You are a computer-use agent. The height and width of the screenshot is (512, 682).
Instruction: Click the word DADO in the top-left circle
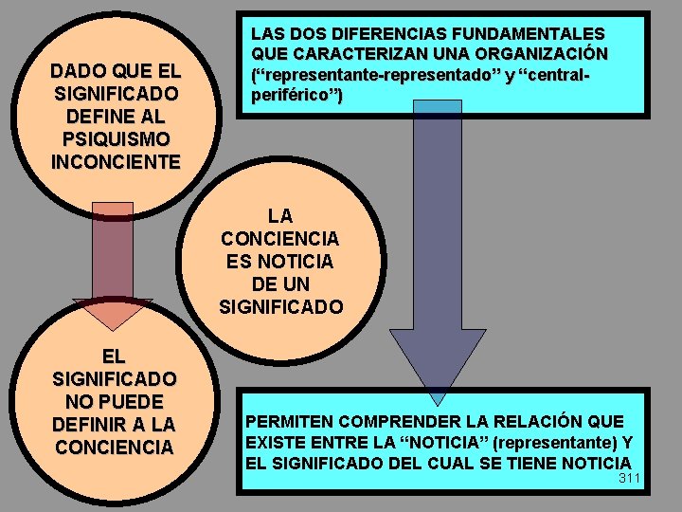point(77,71)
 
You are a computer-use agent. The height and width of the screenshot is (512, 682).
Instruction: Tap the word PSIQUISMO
point(115,139)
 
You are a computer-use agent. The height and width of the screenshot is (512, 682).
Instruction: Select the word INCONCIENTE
point(115,161)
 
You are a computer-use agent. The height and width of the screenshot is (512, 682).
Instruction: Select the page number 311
point(630,478)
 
